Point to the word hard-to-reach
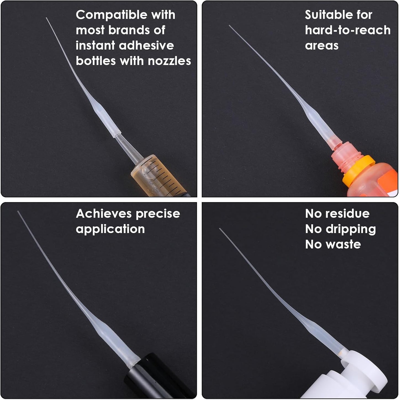point(348,30)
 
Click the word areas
point(322,46)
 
